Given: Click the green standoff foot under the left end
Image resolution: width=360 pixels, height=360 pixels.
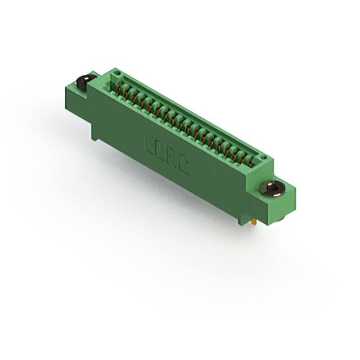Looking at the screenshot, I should pyautogui.click(x=95, y=132).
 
